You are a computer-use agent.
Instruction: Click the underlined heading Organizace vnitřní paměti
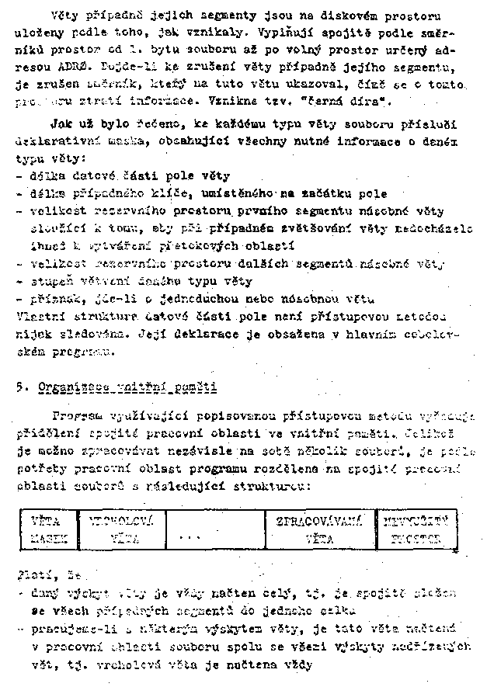tap(130, 387)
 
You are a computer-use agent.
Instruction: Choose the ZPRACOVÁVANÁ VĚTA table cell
tap(319, 529)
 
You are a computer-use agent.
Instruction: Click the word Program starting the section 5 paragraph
tap(75, 414)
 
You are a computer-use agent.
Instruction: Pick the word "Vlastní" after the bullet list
tap(39, 316)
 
